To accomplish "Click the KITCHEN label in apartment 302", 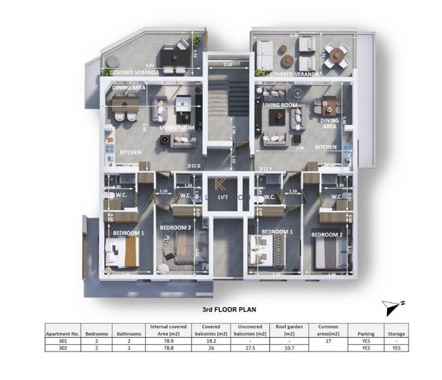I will point(130,151).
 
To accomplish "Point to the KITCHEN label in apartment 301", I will point(326,147).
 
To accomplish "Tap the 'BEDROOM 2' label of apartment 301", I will point(327,234).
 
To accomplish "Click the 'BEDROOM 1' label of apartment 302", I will point(128,233).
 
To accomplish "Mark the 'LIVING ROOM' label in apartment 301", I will point(280,105).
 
